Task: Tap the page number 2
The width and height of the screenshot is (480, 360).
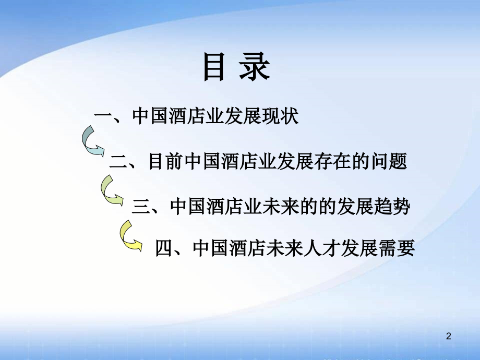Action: pyautogui.click(x=448, y=338)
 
